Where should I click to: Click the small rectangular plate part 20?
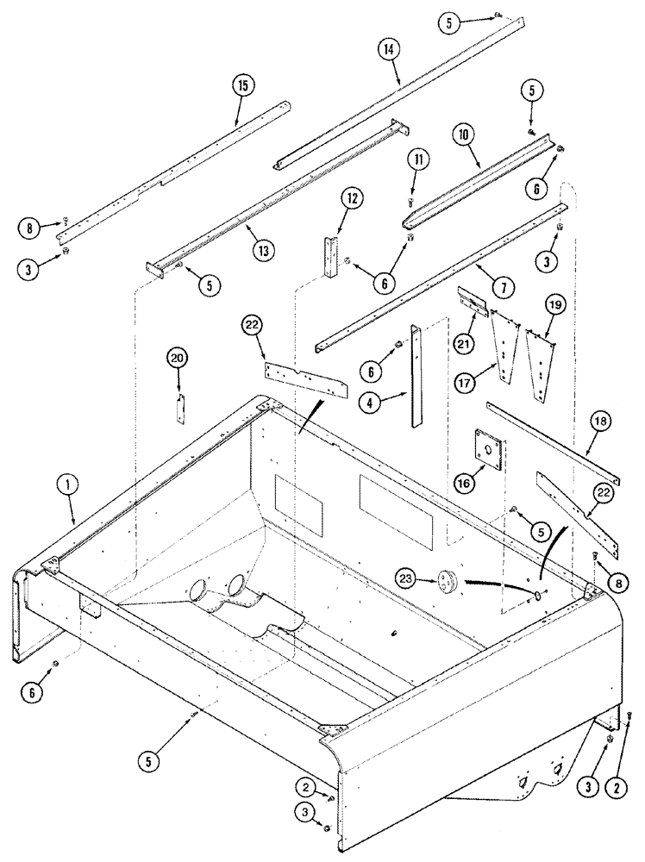tap(181, 409)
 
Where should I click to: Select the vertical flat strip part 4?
tap(416, 374)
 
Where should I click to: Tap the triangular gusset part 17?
tap(504, 350)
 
